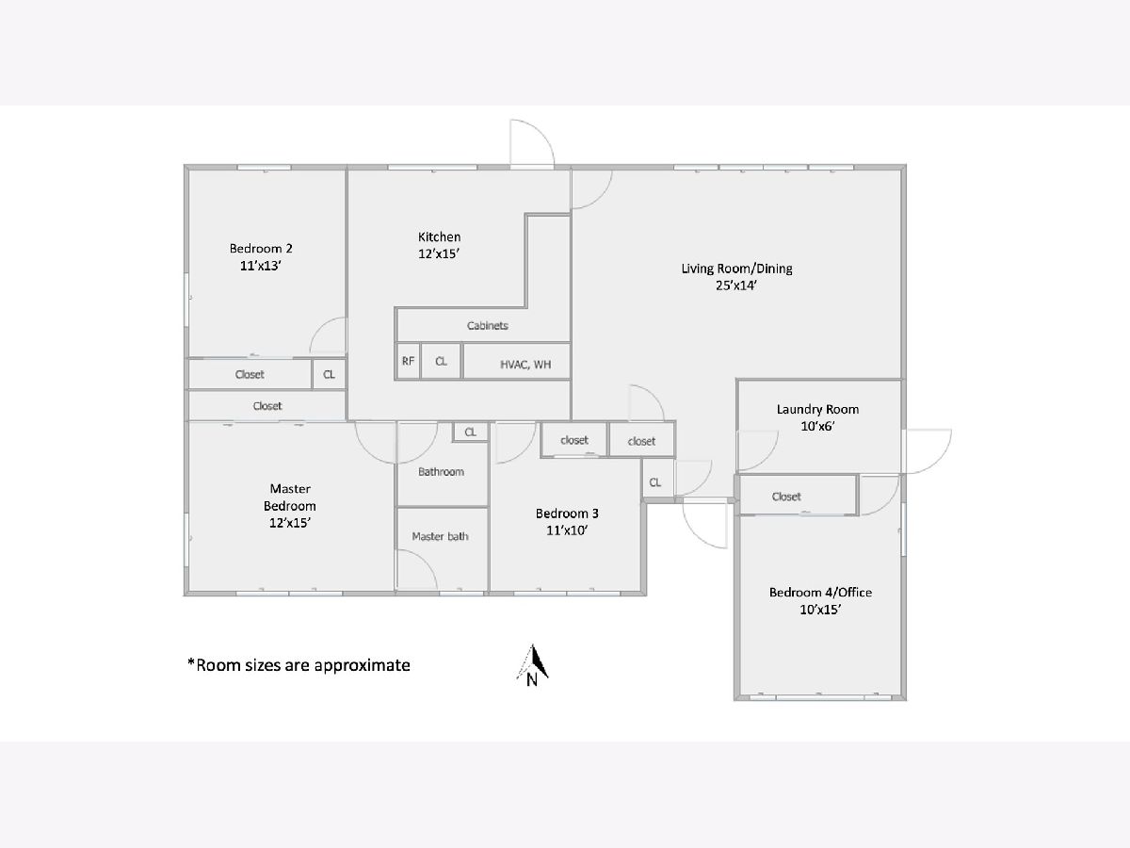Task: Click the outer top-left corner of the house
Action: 185,165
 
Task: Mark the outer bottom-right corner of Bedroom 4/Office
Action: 906,700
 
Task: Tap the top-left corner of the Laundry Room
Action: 736,380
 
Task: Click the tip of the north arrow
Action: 532,644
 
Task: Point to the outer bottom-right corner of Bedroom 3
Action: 647,595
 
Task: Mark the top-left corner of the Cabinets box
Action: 395,308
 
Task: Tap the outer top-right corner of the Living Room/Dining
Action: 906,165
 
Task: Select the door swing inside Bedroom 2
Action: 328,336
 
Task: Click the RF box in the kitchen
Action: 408,362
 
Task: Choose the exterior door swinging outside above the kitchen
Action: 532,142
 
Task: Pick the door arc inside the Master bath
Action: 417,569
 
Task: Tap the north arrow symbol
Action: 533,665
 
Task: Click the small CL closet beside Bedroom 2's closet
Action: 330,374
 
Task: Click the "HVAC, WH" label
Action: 525,365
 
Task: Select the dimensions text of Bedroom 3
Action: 567,530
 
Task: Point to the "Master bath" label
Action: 440,536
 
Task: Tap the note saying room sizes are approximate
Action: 299,665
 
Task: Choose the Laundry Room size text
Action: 817,426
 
